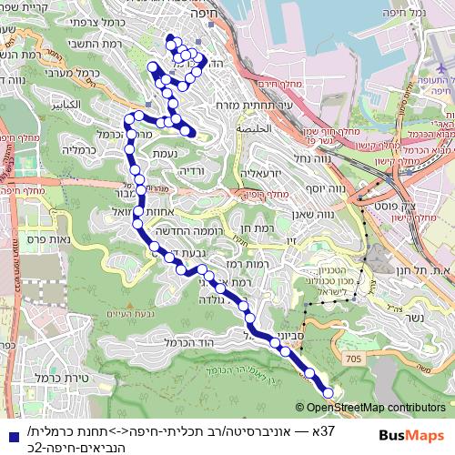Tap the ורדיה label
[x=193, y=169]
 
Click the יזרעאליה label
[x=265, y=172]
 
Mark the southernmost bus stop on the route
[x=326, y=391]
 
